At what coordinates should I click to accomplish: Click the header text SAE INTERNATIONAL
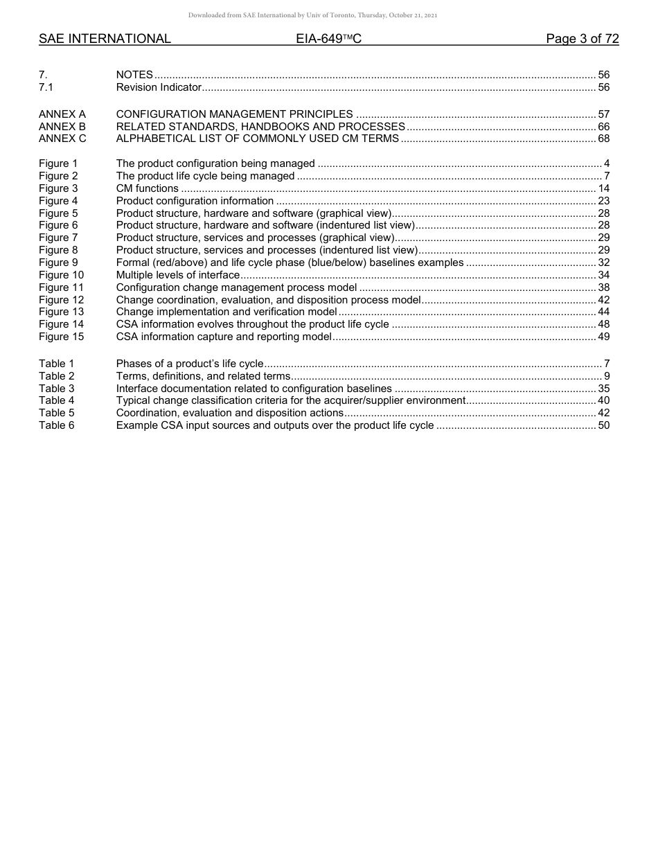point(105,39)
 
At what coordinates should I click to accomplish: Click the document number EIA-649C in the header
point(328,39)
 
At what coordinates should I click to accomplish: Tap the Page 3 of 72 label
point(582,39)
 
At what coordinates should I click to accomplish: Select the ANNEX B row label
point(62,126)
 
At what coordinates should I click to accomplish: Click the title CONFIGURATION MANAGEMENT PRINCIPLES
point(234,114)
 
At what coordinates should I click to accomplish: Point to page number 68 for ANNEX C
point(603,139)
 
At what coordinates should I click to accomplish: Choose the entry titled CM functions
point(147,188)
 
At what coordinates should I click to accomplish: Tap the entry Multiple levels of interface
point(177,275)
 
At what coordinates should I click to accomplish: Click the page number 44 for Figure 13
point(603,312)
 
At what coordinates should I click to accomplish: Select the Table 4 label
point(56,400)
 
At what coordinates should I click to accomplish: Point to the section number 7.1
point(46,87)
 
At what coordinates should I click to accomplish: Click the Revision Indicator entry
point(158,87)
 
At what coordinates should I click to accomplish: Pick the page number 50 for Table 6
point(603,425)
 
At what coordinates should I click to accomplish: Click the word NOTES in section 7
point(134,75)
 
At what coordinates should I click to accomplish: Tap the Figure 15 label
point(61,337)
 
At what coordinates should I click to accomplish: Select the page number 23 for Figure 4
point(603,201)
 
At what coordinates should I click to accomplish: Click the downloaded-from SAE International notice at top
point(312,15)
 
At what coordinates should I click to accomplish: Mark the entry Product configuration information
point(195,201)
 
